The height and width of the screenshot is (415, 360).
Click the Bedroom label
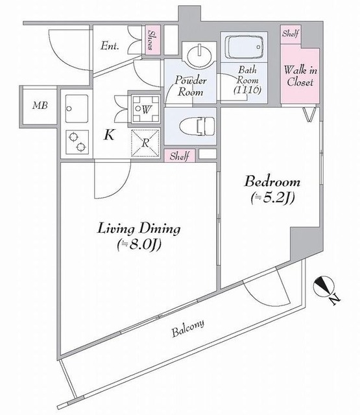(271, 180)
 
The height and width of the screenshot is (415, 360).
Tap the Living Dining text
(139, 229)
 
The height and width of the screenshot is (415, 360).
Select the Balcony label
(188, 329)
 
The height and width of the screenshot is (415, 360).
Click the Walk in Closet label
(299, 77)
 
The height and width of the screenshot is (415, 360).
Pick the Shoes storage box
(153, 42)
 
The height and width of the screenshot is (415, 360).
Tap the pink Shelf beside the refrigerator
(180, 156)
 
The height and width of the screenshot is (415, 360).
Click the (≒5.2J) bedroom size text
(270, 198)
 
